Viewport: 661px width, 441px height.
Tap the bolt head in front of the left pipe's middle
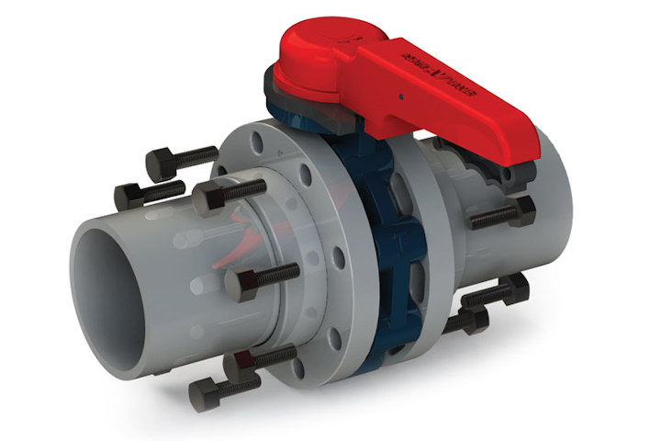coord(236,282)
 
